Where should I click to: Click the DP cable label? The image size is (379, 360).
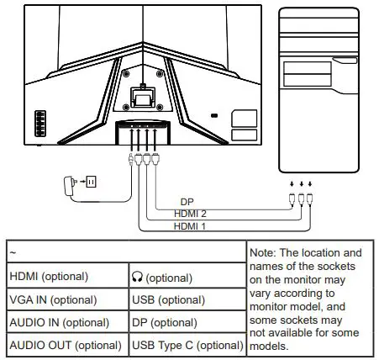point(187,203)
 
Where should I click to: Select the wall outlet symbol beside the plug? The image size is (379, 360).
point(92,181)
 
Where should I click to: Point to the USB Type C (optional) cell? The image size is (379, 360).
point(187,345)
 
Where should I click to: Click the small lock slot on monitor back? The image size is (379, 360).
point(213,115)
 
